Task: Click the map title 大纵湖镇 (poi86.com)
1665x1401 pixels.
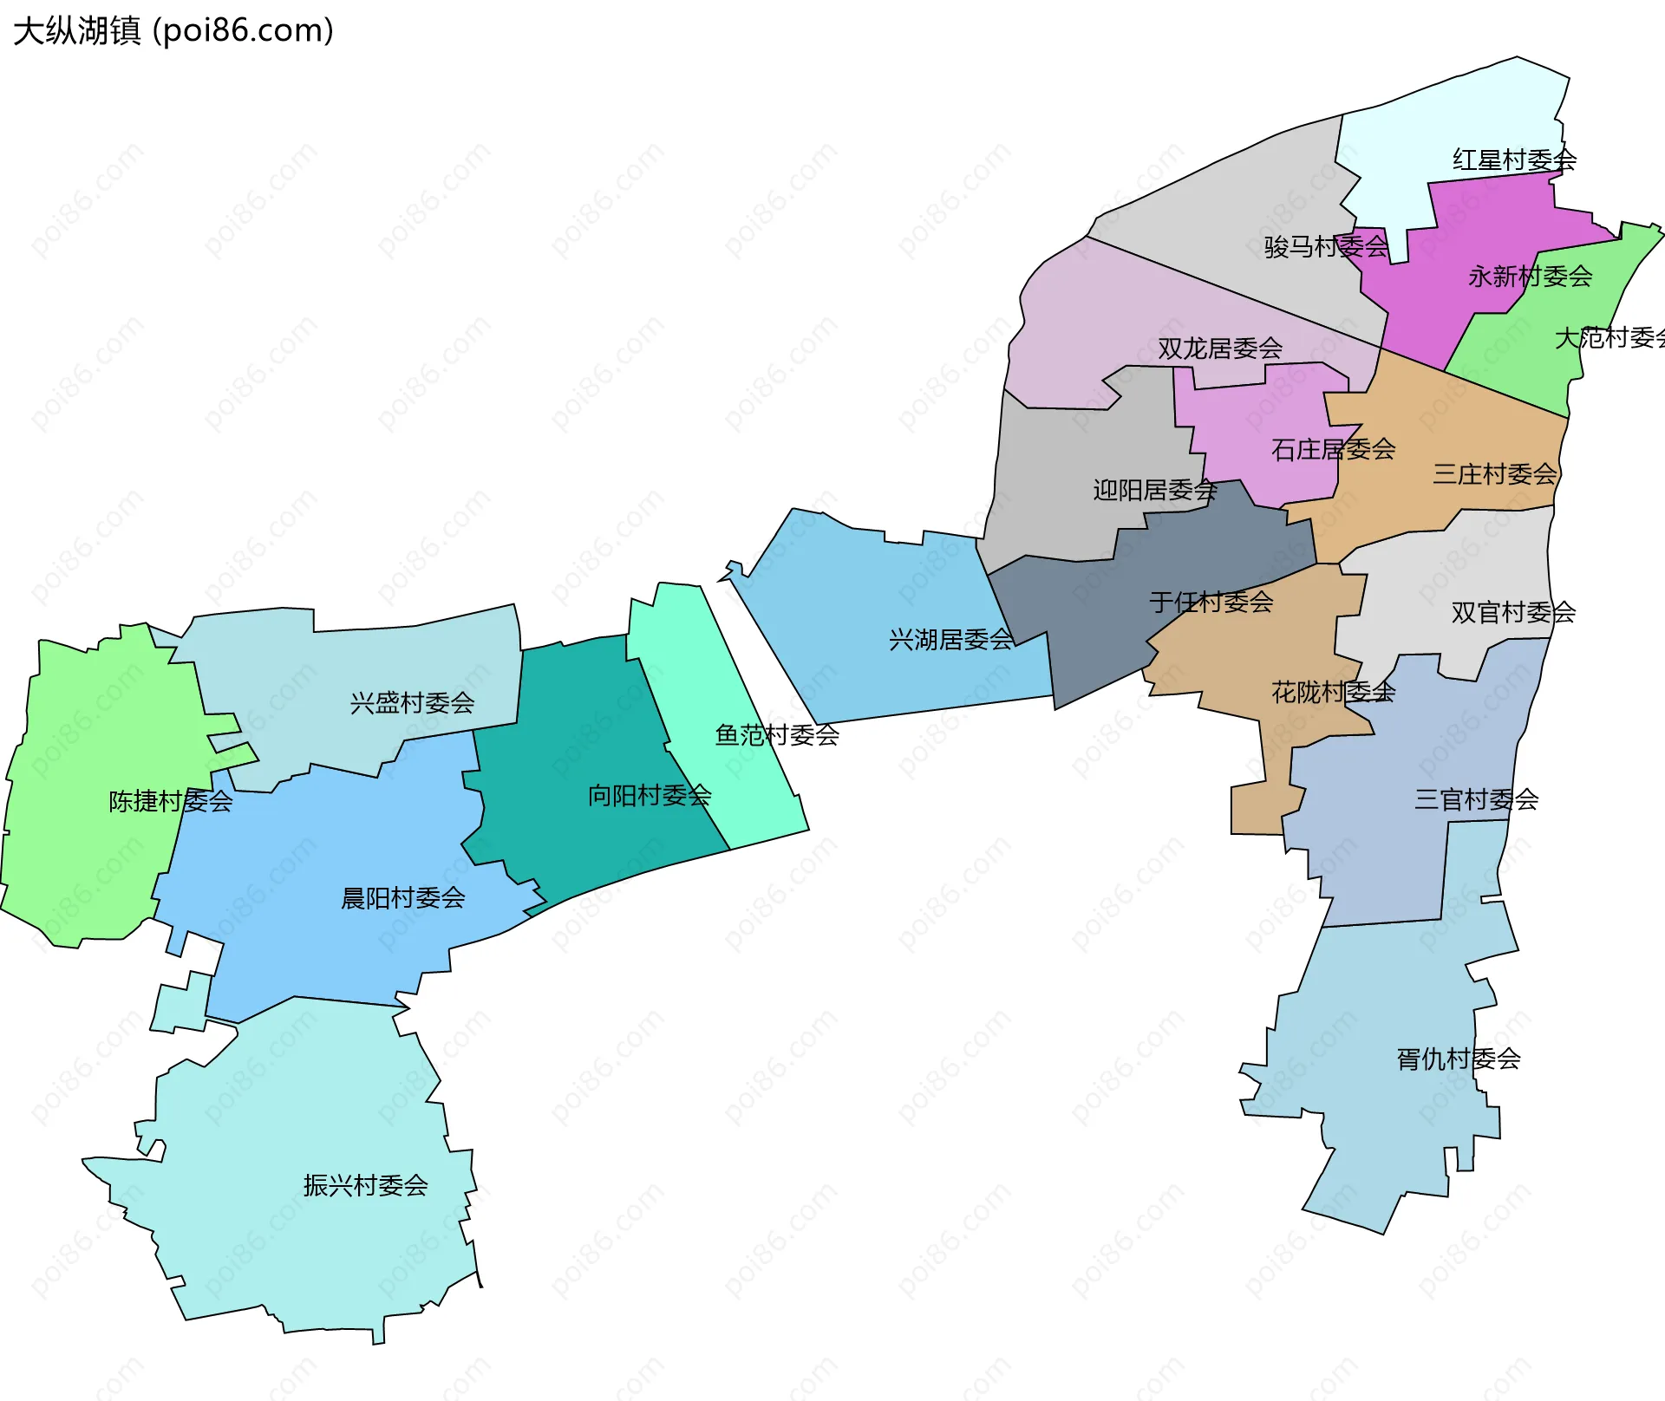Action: [173, 31]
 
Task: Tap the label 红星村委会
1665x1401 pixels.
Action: [1514, 160]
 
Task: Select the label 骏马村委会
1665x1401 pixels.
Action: [1326, 247]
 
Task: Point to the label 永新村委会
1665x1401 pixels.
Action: [1530, 277]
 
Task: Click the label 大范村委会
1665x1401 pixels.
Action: [1609, 338]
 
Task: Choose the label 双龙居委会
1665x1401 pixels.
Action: [1220, 349]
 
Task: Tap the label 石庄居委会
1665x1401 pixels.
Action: [1333, 449]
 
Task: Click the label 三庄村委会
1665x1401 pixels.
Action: [1495, 474]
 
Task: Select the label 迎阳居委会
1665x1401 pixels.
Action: [1155, 491]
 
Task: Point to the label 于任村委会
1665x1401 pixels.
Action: [1211, 602]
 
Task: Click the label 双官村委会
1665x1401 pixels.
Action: [1513, 613]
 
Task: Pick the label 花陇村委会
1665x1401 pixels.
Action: [1333, 692]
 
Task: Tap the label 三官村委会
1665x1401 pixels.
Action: [1476, 799]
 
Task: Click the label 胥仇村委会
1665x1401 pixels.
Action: [1458, 1059]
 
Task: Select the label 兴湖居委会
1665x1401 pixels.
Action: [951, 640]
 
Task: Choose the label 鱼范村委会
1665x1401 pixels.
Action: [777, 735]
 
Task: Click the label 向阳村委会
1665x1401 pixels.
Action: [650, 795]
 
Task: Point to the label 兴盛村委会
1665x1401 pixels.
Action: [412, 703]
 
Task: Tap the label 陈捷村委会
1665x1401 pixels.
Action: [171, 801]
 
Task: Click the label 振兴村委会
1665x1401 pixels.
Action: [365, 1185]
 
